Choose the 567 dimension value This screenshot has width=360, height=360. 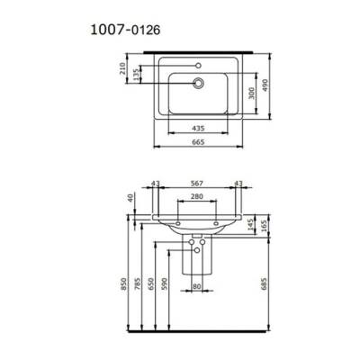197,184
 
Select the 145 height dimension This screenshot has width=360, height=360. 249,221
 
